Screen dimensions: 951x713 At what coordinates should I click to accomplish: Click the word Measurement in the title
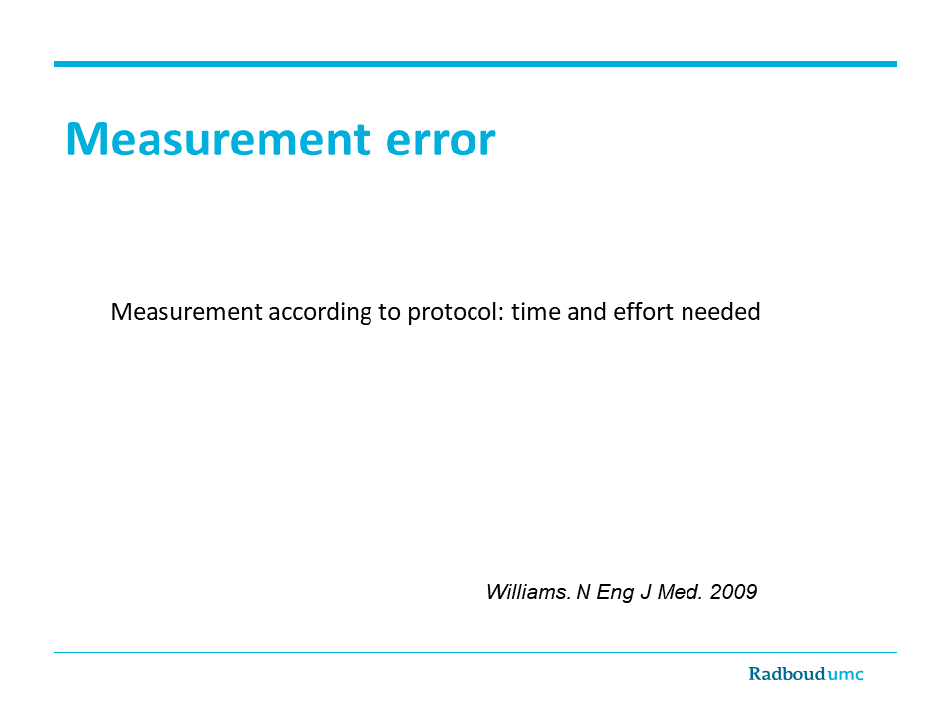[218, 139]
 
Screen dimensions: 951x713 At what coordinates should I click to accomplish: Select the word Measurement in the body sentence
[186, 312]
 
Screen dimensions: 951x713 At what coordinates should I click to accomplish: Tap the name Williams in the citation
[528, 592]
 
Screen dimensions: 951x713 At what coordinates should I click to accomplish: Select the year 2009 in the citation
[733, 592]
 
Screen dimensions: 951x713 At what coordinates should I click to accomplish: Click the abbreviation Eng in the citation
[615, 593]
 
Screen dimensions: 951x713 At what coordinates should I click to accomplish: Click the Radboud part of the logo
[788, 674]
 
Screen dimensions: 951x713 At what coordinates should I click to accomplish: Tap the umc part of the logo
[845, 675]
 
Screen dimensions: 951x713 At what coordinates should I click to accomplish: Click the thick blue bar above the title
[475, 64]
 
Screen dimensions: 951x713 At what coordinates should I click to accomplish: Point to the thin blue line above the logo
[475, 653]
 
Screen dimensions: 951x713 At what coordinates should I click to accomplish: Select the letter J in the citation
[645, 592]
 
